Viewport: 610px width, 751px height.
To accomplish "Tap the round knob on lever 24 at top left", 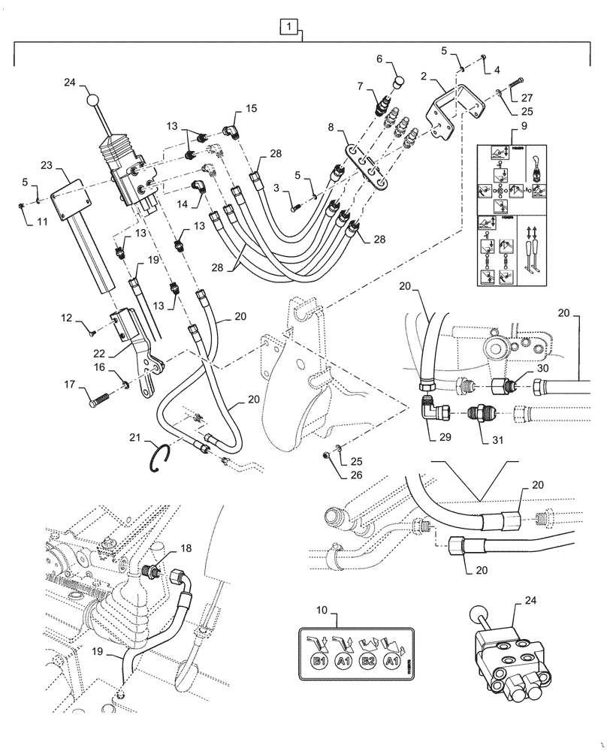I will (x=92, y=100).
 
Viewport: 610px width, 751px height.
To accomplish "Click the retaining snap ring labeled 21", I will (x=165, y=457).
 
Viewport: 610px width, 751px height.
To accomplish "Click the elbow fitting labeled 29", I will (x=435, y=410).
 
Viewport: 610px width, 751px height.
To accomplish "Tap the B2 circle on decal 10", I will (x=367, y=661).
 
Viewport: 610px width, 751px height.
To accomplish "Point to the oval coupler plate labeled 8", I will (x=364, y=164).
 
